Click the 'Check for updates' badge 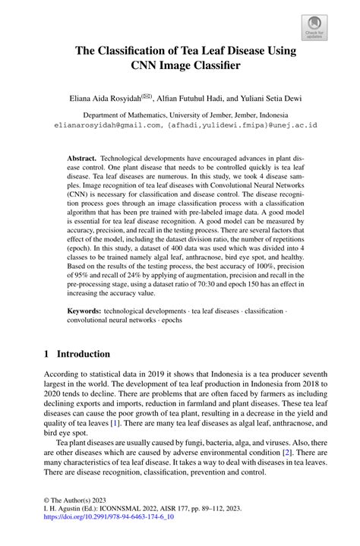coord(313,28)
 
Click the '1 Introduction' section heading coord(77,354)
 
